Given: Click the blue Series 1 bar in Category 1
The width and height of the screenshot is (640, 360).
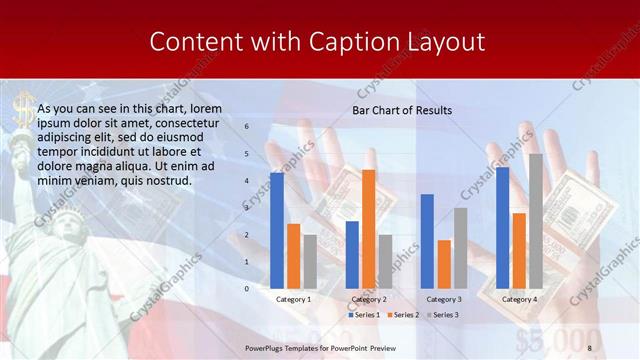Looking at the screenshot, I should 277,230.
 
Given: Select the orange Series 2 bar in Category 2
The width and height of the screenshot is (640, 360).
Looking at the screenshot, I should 369,229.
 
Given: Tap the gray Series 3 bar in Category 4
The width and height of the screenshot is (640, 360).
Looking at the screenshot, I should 536,221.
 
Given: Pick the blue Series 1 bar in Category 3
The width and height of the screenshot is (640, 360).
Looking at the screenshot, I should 427,241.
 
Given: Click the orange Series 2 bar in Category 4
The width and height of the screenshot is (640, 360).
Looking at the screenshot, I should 519,250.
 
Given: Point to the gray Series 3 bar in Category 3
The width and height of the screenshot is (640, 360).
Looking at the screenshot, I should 461,248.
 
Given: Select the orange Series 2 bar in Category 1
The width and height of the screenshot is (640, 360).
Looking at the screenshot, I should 293,256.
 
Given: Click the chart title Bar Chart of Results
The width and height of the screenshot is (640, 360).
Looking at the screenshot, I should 402,110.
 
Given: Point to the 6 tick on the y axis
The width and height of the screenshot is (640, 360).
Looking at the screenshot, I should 246,127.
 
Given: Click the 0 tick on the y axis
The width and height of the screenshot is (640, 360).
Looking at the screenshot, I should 246,288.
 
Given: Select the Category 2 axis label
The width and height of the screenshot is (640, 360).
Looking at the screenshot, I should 368,299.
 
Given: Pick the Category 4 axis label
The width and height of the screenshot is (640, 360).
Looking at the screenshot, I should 519,299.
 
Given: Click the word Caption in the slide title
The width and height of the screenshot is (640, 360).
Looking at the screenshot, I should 357,42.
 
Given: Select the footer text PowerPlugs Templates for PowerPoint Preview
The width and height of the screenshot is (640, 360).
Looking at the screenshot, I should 320,347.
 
